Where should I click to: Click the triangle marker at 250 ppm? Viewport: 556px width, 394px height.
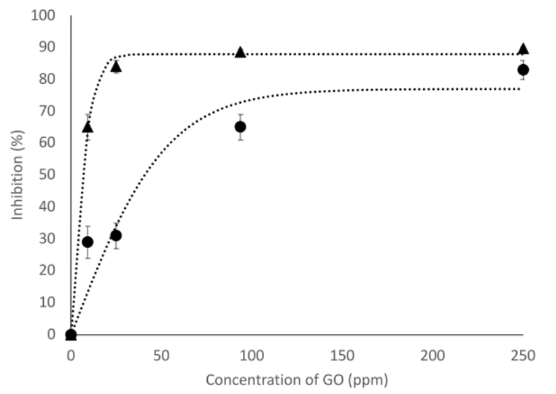tap(523, 49)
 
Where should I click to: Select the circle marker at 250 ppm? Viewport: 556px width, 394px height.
tap(523, 70)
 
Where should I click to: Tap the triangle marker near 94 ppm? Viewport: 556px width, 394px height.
tap(240, 52)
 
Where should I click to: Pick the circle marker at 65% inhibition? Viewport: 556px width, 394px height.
tap(240, 126)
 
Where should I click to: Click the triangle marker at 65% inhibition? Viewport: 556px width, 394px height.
tap(87, 127)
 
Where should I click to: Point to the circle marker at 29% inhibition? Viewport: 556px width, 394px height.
tap(87, 242)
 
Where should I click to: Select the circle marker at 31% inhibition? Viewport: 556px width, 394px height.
tap(115, 235)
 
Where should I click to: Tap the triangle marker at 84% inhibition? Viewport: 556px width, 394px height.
tap(116, 66)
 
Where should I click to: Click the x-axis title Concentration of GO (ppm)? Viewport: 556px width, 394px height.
tap(297, 380)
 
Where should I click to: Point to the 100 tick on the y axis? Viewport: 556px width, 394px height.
tap(44, 15)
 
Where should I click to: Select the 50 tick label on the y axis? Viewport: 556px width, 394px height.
tap(47, 174)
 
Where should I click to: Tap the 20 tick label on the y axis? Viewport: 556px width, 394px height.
tap(47, 270)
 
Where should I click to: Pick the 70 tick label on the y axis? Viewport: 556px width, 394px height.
tap(47, 111)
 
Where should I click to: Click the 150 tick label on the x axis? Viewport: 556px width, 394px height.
tap(342, 354)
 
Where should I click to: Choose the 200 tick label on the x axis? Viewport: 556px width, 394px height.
tap(433, 354)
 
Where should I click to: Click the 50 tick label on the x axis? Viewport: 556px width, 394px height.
tap(161, 354)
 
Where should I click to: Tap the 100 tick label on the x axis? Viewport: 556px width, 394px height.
tap(252, 354)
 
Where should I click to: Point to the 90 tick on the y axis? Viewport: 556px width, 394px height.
tap(47, 47)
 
